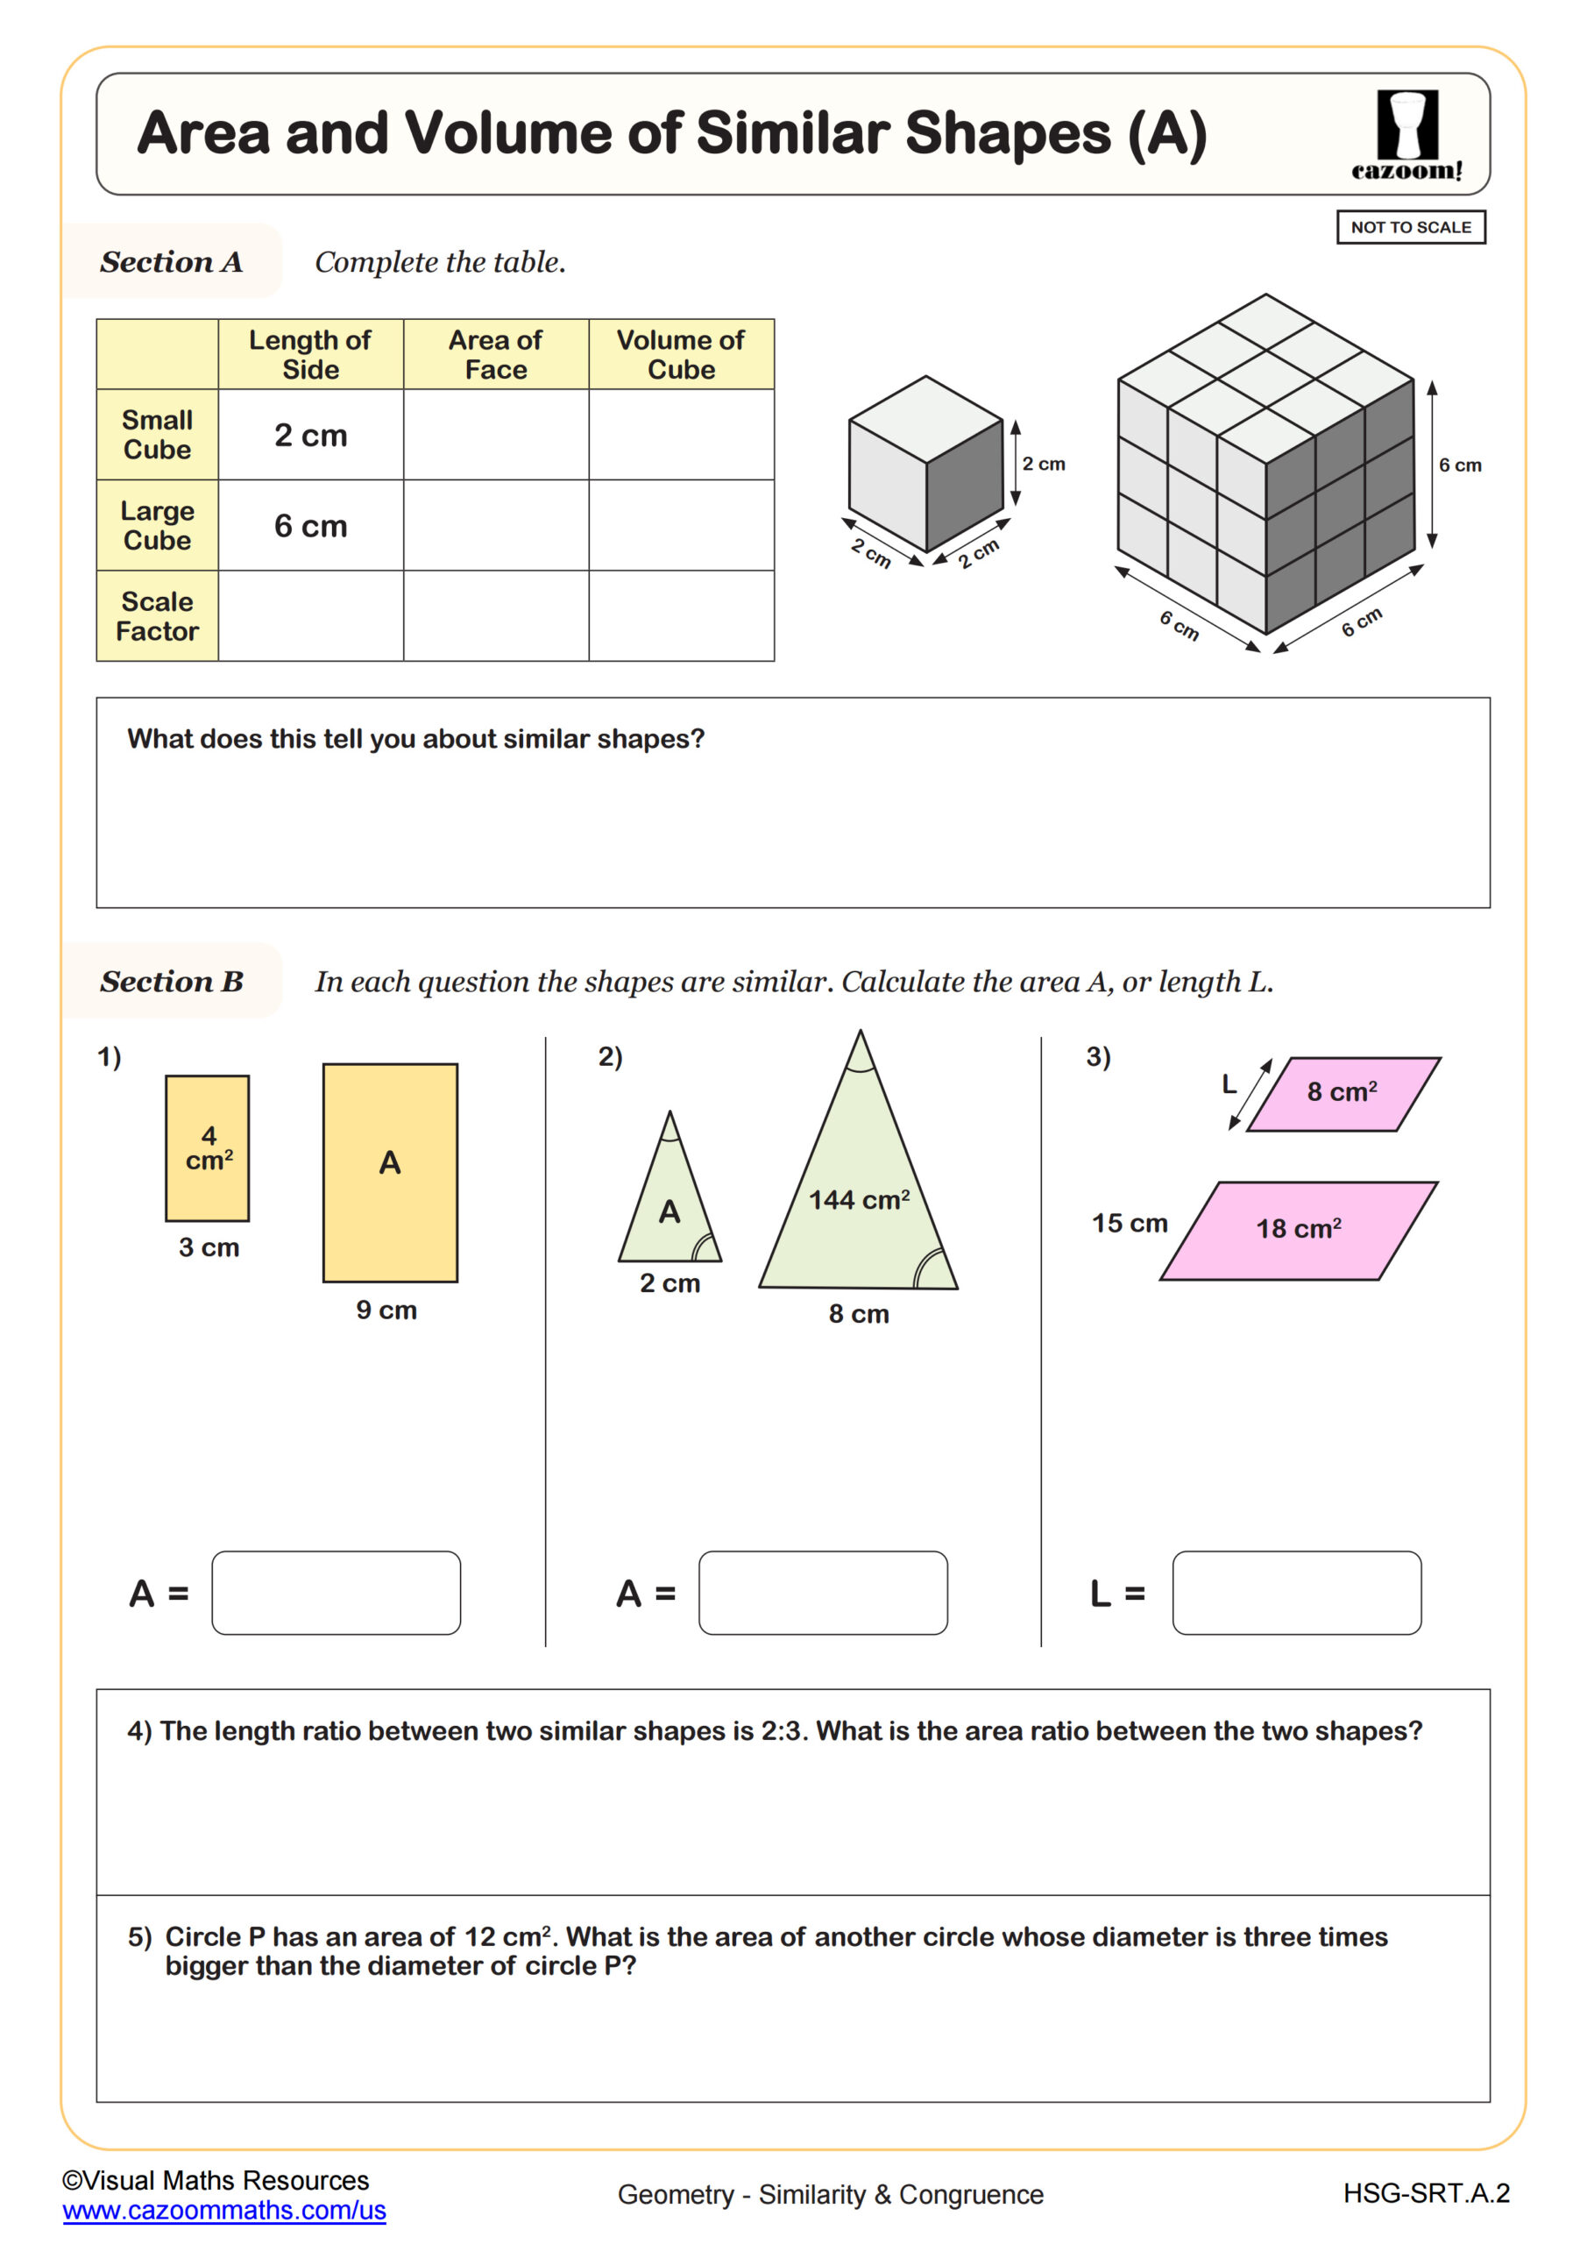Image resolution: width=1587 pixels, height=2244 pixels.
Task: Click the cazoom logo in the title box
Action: click(x=1407, y=136)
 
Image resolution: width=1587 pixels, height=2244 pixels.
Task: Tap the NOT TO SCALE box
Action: click(x=1410, y=228)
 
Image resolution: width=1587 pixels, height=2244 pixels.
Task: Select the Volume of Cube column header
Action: click(x=681, y=355)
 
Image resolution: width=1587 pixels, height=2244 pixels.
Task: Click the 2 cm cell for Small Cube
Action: click(x=311, y=435)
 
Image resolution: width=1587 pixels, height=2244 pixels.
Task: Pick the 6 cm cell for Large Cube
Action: click(x=311, y=526)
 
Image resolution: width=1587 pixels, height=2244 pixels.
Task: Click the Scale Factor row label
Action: click(x=158, y=615)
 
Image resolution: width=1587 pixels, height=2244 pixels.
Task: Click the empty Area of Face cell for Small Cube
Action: click(x=495, y=435)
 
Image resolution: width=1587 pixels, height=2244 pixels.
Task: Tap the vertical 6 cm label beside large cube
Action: click(x=1459, y=465)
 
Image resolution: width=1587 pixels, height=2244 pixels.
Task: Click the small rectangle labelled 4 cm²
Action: click(x=207, y=1148)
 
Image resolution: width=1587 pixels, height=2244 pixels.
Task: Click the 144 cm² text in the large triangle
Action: click(x=858, y=1199)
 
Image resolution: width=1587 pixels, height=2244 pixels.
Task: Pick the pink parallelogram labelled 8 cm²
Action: click(x=1343, y=1094)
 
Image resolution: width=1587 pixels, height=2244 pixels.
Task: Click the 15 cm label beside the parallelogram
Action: click(x=1130, y=1224)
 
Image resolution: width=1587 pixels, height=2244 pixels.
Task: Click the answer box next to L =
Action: click(x=1296, y=1592)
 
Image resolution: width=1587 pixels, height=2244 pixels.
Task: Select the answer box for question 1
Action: click(x=337, y=1592)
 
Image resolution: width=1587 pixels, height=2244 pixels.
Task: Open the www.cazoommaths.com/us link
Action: click(x=223, y=2210)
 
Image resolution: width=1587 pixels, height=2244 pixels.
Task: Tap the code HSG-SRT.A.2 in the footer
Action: click(x=1426, y=2193)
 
